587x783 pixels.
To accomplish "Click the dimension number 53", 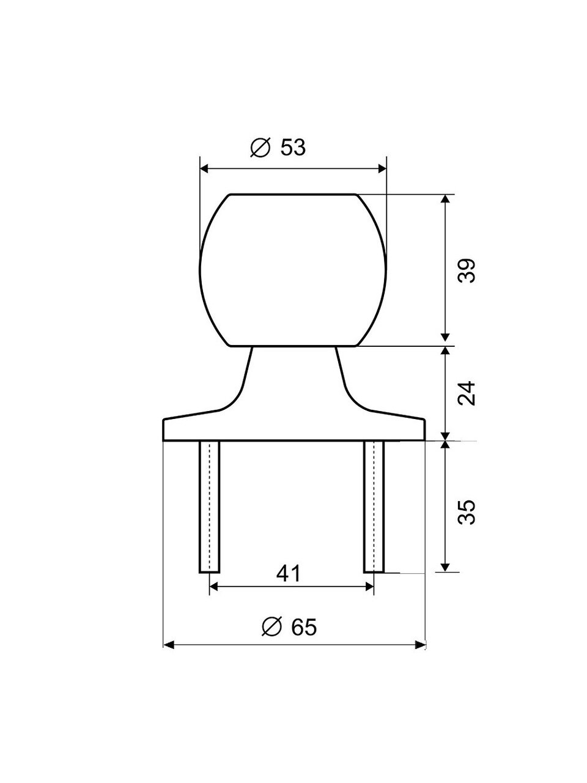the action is (293, 147).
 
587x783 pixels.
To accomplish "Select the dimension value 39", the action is (467, 271).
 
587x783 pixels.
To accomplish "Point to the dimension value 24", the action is (467, 393).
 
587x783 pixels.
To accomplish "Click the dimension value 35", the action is (467, 512).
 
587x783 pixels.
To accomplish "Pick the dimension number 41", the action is (289, 574).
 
